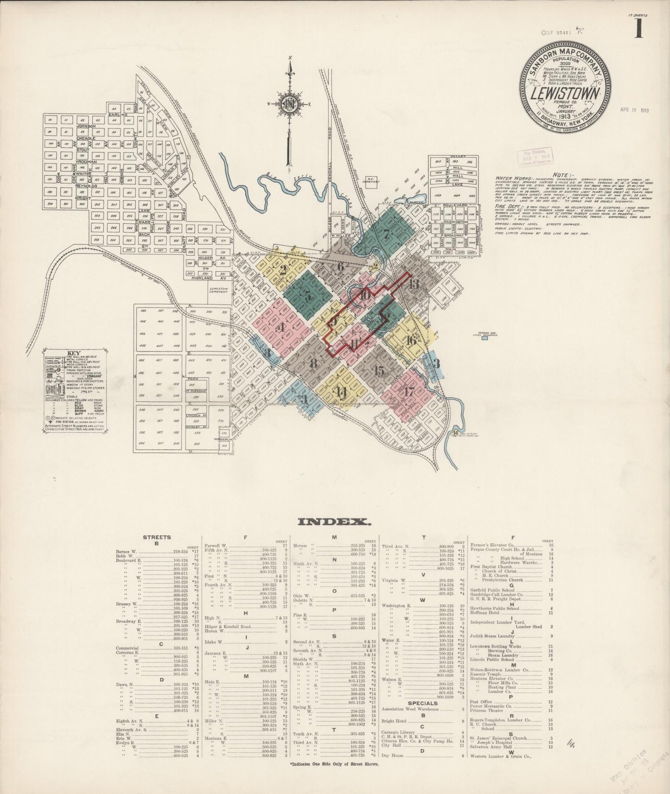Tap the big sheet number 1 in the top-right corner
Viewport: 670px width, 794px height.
tap(640, 29)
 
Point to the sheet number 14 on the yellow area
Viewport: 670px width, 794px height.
tap(342, 392)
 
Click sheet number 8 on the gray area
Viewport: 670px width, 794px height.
tap(314, 363)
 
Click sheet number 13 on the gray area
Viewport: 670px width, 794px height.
tap(414, 284)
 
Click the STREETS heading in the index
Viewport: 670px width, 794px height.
tap(157, 537)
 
